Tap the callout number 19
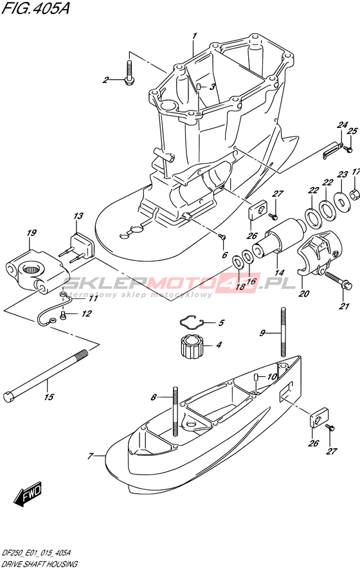coord(32,233)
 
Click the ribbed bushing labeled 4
coord(192,347)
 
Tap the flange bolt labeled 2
coord(130,74)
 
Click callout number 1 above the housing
coord(194,36)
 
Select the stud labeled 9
coord(283,331)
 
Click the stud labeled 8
coord(175,410)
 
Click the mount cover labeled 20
coord(318,251)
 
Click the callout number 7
coord(91,456)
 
